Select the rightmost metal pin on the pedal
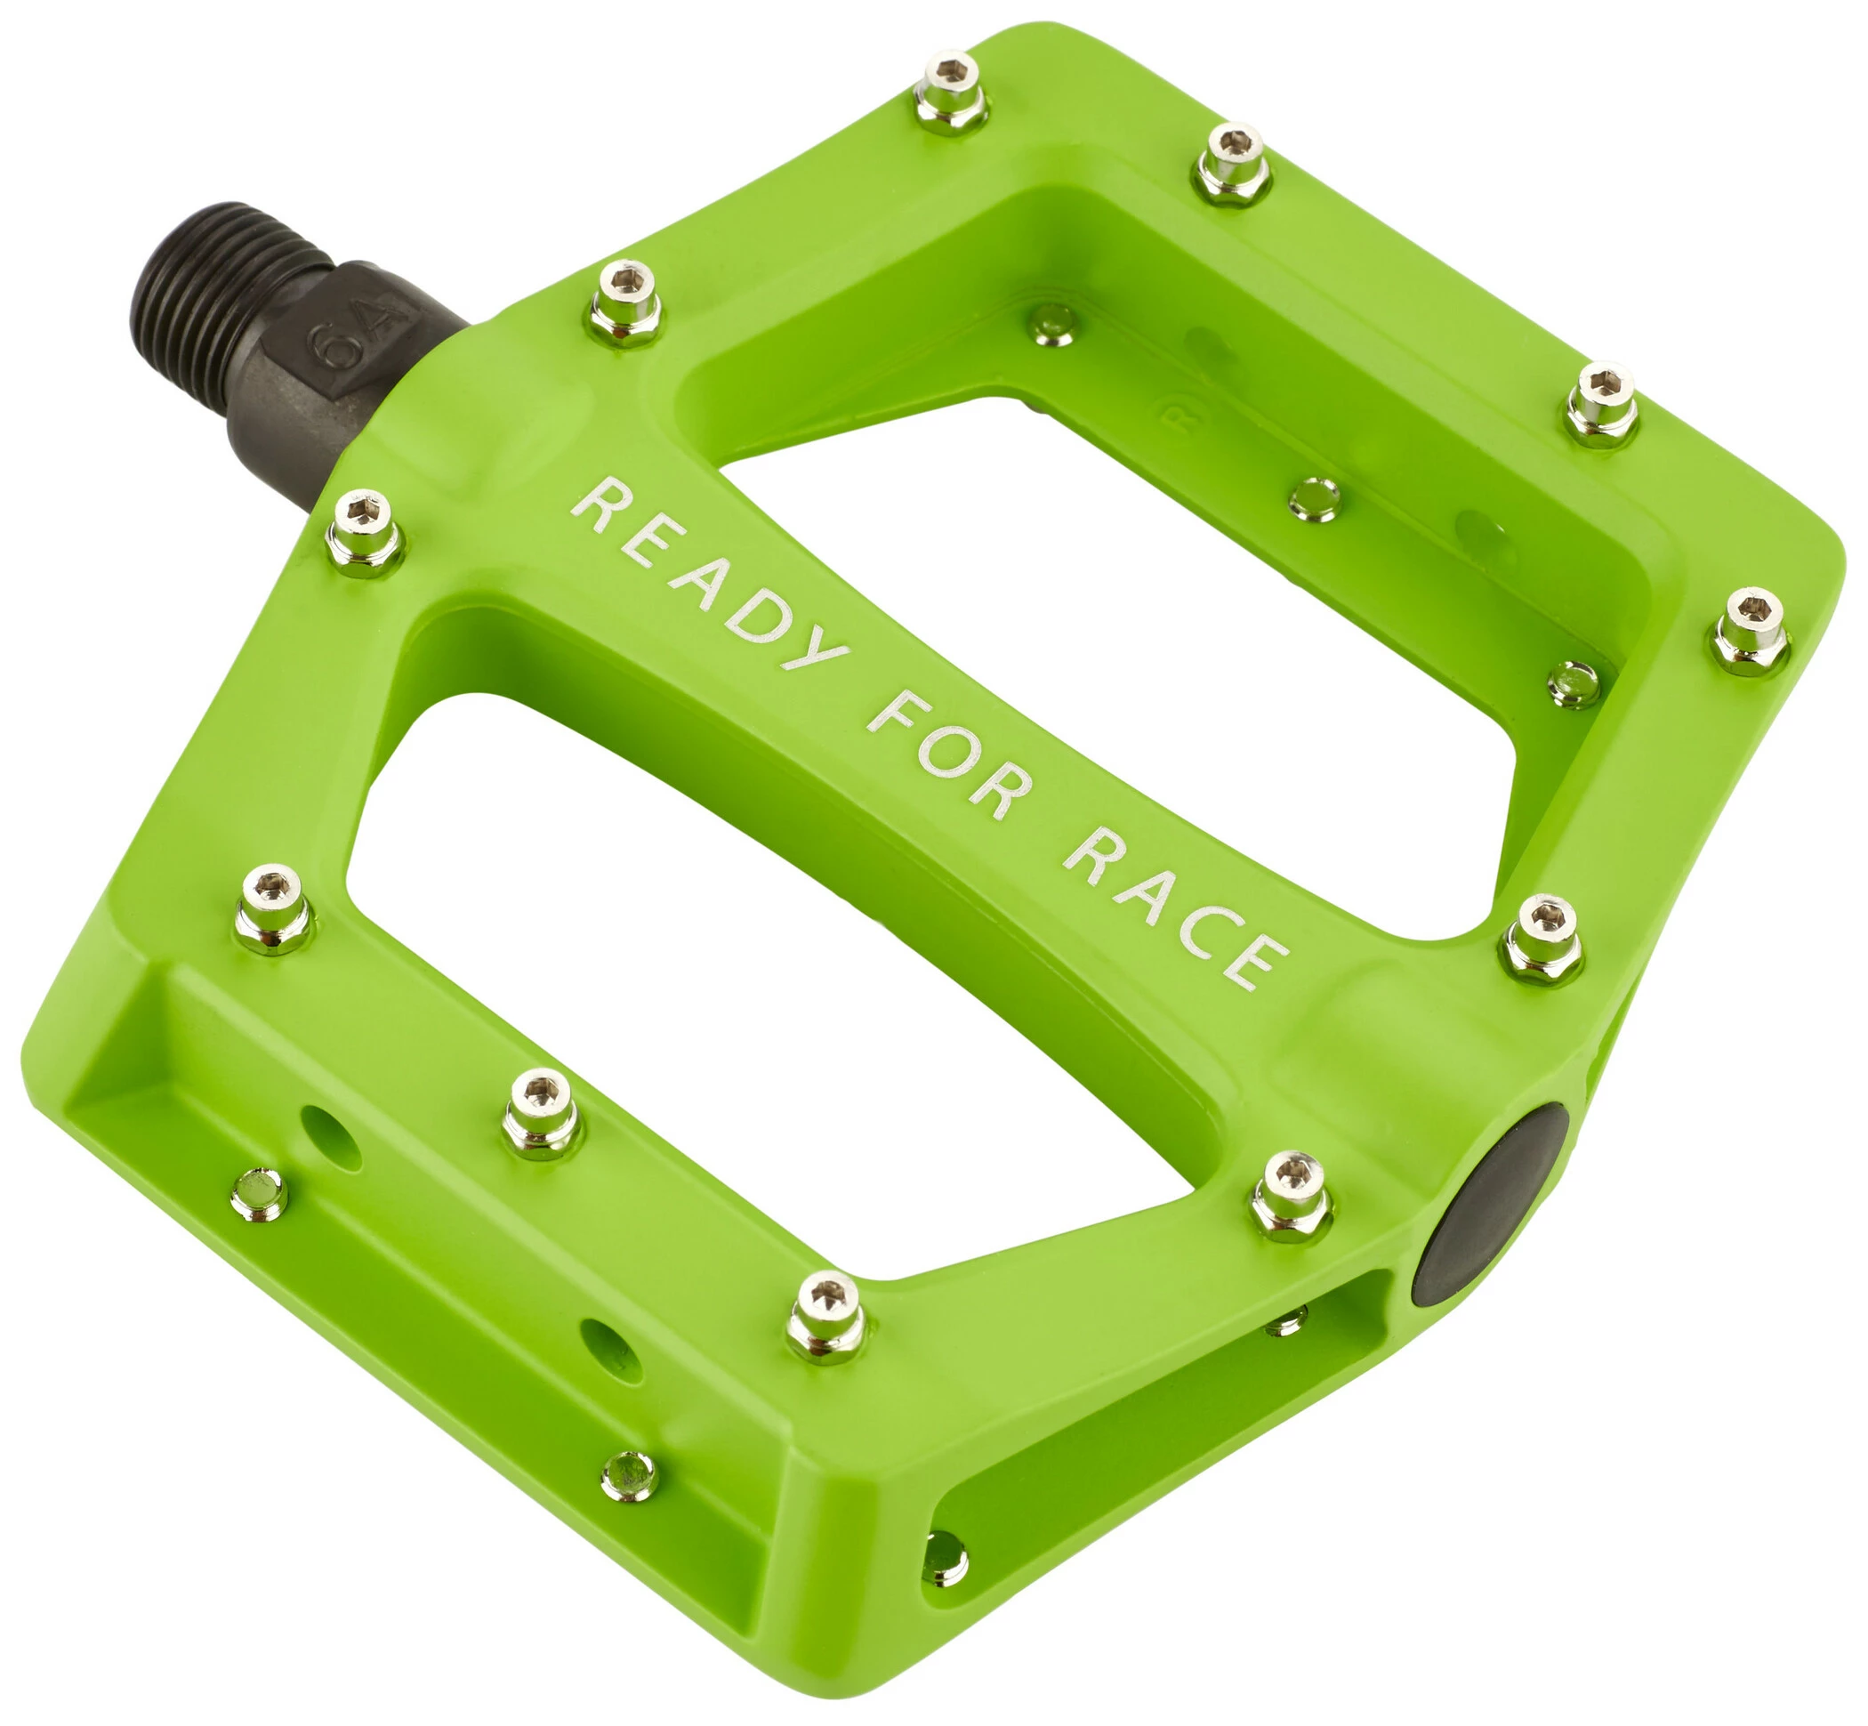click(1751, 630)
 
